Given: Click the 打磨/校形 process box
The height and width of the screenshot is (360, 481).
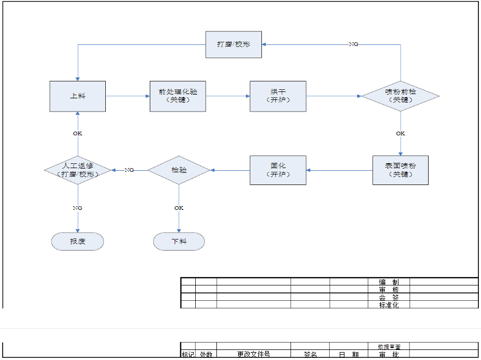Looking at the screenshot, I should [x=233, y=44].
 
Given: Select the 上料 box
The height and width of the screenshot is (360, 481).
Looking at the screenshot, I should [x=78, y=96].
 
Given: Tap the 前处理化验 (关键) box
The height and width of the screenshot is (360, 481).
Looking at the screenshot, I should [x=178, y=96].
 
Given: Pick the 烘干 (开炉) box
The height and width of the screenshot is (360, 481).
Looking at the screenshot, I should [x=278, y=96].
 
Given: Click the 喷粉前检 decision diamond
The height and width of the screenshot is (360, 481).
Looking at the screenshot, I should [x=400, y=96].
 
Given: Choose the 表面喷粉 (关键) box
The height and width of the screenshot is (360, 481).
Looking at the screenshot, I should [x=400, y=170].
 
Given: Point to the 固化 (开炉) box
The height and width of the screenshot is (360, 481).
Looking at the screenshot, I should [x=278, y=170].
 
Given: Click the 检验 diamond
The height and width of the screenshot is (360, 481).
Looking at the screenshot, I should [x=179, y=170].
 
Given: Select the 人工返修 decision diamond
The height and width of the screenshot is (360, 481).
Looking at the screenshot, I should [x=78, y=170].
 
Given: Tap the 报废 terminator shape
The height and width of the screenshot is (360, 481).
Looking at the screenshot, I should [x=78, y=242].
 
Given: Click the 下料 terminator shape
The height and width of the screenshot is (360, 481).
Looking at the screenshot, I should [x=179, y=242].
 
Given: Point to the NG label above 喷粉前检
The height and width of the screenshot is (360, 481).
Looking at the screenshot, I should [x=353, y=44].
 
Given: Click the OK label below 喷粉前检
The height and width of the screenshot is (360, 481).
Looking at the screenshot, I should [x=401, y=133].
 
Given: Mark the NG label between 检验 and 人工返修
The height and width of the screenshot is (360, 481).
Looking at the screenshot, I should [x=129, y=170].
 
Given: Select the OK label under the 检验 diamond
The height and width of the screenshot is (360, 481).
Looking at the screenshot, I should [x=179, y=208].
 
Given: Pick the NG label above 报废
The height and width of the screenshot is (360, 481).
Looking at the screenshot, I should [x=78, y=208].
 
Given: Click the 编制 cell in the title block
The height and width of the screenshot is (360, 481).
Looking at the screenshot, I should [x=389, y=282].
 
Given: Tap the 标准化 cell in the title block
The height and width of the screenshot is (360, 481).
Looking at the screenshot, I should [x=389, y=305].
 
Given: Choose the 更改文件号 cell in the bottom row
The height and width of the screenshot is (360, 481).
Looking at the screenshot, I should [x=253, y=355].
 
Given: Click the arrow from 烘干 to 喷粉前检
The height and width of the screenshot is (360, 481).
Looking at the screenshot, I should [x=333, y=96].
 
